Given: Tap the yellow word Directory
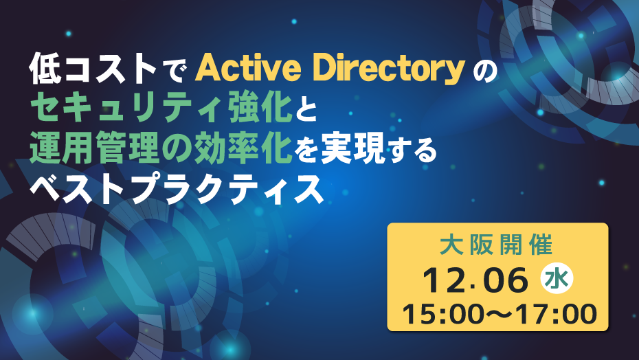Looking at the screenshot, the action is pos(390,70).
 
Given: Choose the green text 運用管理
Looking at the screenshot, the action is pos(93,148).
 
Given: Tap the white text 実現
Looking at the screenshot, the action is pos(352,149).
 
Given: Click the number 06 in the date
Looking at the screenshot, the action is pos(505,280).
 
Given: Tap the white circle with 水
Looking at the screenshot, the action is pos(557,279).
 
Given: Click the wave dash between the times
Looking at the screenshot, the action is pos(502,315).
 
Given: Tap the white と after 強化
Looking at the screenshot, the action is pos(306,109).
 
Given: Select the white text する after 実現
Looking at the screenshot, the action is pos(412,150).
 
